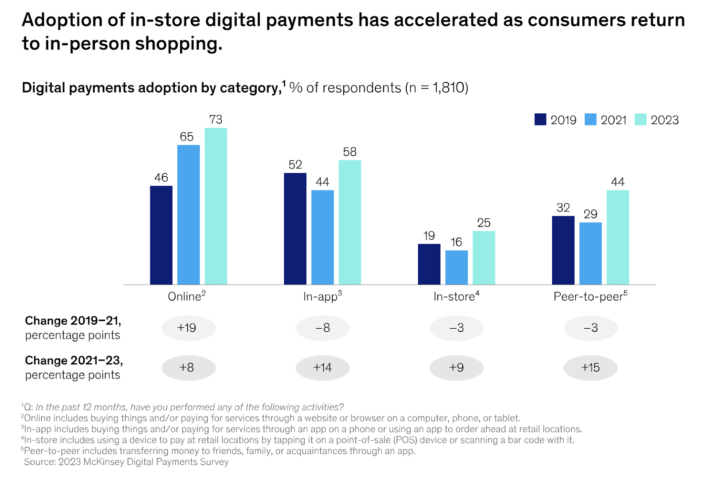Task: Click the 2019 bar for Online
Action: coord(161,235)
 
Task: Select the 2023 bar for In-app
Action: coord(350,222)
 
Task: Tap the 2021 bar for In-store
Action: coord(456,267)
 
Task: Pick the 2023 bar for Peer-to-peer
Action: coord(617,237)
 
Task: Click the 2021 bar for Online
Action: coord(189,214)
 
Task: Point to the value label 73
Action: coord(215,120)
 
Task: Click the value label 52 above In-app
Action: coord(295,165)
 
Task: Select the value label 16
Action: coord(456,242)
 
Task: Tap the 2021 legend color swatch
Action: coord(590,120)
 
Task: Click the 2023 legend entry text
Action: coord(664,120)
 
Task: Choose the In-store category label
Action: coord(456,296)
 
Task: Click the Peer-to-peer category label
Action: coord(590,296)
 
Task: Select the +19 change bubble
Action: coord(188,328)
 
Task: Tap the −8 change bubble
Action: coord(323,328)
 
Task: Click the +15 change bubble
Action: coord(590,368)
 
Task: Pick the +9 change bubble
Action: coord(456,368)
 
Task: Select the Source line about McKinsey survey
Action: coord(126,462)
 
